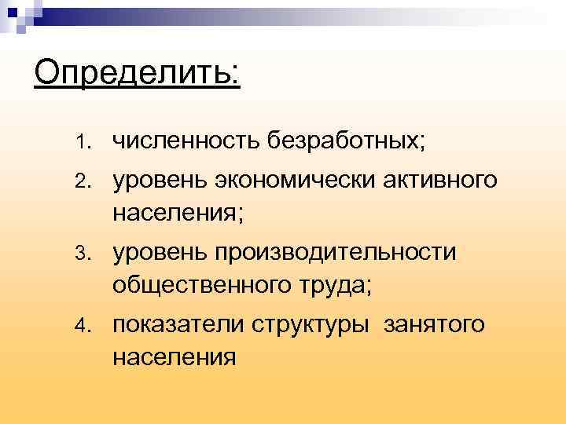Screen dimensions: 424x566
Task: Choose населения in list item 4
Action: coord(174,357)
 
